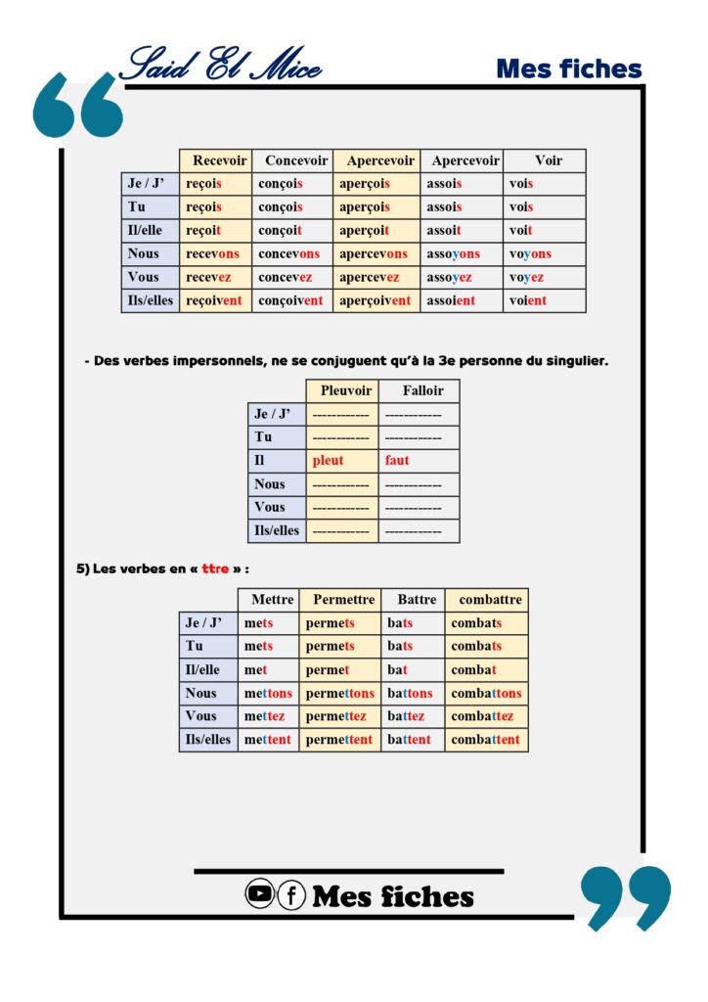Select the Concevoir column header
296,160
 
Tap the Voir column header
549,160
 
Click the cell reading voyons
530,254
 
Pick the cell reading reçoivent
213,301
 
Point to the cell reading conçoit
281,231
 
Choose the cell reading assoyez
449,278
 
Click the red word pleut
329,461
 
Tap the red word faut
397,461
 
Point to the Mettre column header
272,600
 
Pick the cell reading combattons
486,694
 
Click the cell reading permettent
338,740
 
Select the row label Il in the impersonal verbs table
259,461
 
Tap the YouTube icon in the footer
259,893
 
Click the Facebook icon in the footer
291,894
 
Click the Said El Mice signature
219,65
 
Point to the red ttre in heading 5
215,569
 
